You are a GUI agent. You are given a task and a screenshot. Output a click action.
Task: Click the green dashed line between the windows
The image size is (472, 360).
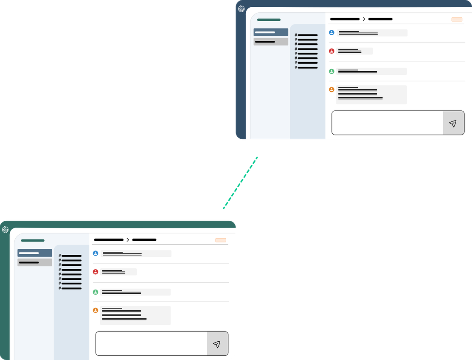click(x=240, y=183)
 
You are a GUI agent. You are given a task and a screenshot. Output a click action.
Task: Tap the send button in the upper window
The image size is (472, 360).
click(x=453, y=123)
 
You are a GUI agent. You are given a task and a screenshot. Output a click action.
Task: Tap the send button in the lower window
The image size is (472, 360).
click(x=217, y=344)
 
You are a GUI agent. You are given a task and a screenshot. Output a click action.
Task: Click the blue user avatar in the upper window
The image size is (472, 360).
click(x=332, y=33)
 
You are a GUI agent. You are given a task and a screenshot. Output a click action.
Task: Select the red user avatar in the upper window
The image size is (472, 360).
click(x=332, y=51)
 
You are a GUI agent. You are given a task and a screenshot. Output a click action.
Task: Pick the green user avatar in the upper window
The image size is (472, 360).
click(x=332, y=71)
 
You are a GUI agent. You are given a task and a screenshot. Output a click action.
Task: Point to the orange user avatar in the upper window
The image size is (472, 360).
click(x=332, y=90)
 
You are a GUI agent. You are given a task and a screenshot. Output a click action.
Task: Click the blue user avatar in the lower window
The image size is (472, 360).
click(x=96, y=253)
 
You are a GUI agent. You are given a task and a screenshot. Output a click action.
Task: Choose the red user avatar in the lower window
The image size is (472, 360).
click(x=96, y=272)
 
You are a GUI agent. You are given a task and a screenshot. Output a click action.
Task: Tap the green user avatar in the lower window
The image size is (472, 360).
click(x=96, y=292)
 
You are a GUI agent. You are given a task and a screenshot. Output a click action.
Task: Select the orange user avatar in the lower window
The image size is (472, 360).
click(x=96, y=310)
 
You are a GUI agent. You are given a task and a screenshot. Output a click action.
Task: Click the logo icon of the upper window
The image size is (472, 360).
click(x=242, y=9)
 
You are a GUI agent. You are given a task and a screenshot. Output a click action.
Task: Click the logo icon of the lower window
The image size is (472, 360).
click(x=6, y=230)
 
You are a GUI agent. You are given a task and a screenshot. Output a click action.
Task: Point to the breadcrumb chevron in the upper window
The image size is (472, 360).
click(x=364, y=19)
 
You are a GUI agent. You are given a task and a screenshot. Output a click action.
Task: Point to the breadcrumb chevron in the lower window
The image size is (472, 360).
click(x=128, y=240)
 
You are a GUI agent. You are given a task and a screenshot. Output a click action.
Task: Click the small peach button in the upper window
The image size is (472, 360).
click(x=457, y=20)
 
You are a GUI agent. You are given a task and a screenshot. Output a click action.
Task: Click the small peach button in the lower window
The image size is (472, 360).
click(x=221, y=240)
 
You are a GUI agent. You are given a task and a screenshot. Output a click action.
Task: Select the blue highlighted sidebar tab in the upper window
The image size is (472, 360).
click(x=271, y=32)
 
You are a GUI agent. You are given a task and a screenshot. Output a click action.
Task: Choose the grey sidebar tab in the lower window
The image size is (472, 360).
click(x=35, y=262)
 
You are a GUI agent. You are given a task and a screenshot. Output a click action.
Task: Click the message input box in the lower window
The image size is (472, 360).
click(x=151, y=343)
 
